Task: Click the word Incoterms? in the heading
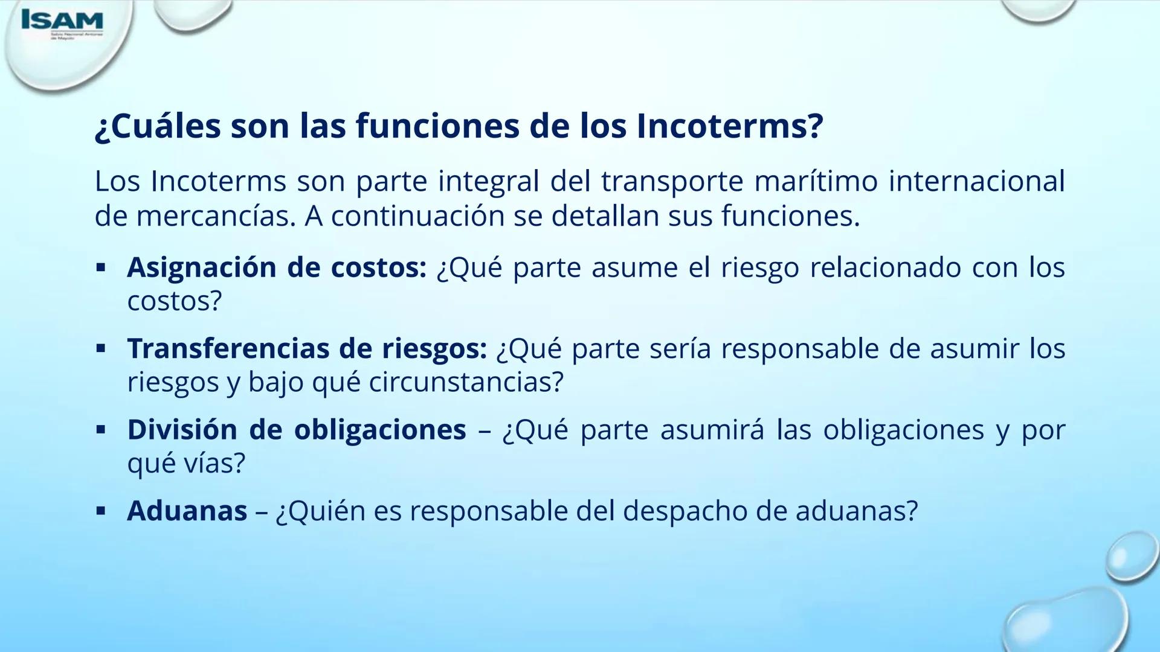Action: coord(729,126)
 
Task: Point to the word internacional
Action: coord(976,182)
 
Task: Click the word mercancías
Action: coord(216,217)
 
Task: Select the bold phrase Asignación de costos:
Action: coord(277,267)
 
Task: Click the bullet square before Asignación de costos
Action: coord(101,267)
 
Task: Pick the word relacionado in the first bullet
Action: coord(885,267)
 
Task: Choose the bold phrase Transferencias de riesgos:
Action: coord(306,348)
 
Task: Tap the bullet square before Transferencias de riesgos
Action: coord(101,348)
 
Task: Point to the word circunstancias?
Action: coord(466,382)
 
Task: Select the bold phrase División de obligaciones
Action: coord(296,430)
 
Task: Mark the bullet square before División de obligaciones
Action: coord(101,430)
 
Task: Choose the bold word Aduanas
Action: coord(187,511)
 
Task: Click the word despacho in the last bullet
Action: coord(685,511)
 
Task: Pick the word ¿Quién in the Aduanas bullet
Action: coord(320,511)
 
